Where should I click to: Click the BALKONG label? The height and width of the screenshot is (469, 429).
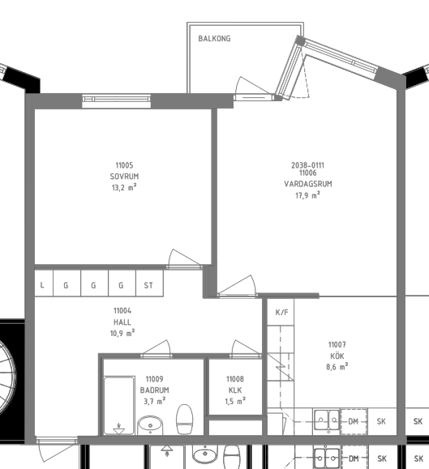pos(214,39)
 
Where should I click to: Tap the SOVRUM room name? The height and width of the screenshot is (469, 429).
pos(124,177)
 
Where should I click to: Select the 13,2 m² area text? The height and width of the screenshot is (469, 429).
pos(124,188)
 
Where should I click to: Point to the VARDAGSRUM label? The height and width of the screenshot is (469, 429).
pos(308,184)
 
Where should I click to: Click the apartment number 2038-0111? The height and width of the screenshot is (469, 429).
pos(307,165)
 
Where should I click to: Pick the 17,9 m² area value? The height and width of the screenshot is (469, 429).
pos(307,195)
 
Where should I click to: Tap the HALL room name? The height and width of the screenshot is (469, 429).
pos(122,322)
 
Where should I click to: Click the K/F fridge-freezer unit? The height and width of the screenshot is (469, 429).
pos(281,313)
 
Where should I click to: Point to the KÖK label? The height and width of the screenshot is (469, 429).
pos(337,356)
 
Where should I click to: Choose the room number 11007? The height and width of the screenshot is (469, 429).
pos(337,345)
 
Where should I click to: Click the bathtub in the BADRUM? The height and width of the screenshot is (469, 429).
pos(119,405)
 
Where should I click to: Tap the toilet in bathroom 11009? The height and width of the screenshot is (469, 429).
pos(184,419)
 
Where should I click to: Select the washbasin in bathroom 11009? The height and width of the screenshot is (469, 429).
pos(150,425)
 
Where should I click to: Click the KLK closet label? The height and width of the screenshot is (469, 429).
pos(235,390)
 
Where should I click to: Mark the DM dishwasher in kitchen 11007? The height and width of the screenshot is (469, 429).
pos(354,421)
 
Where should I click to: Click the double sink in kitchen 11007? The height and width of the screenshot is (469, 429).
pos(327,420)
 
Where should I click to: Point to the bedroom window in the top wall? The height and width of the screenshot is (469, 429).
pos(117,100)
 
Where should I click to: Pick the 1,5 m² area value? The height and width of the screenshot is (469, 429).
pos(235,402)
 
